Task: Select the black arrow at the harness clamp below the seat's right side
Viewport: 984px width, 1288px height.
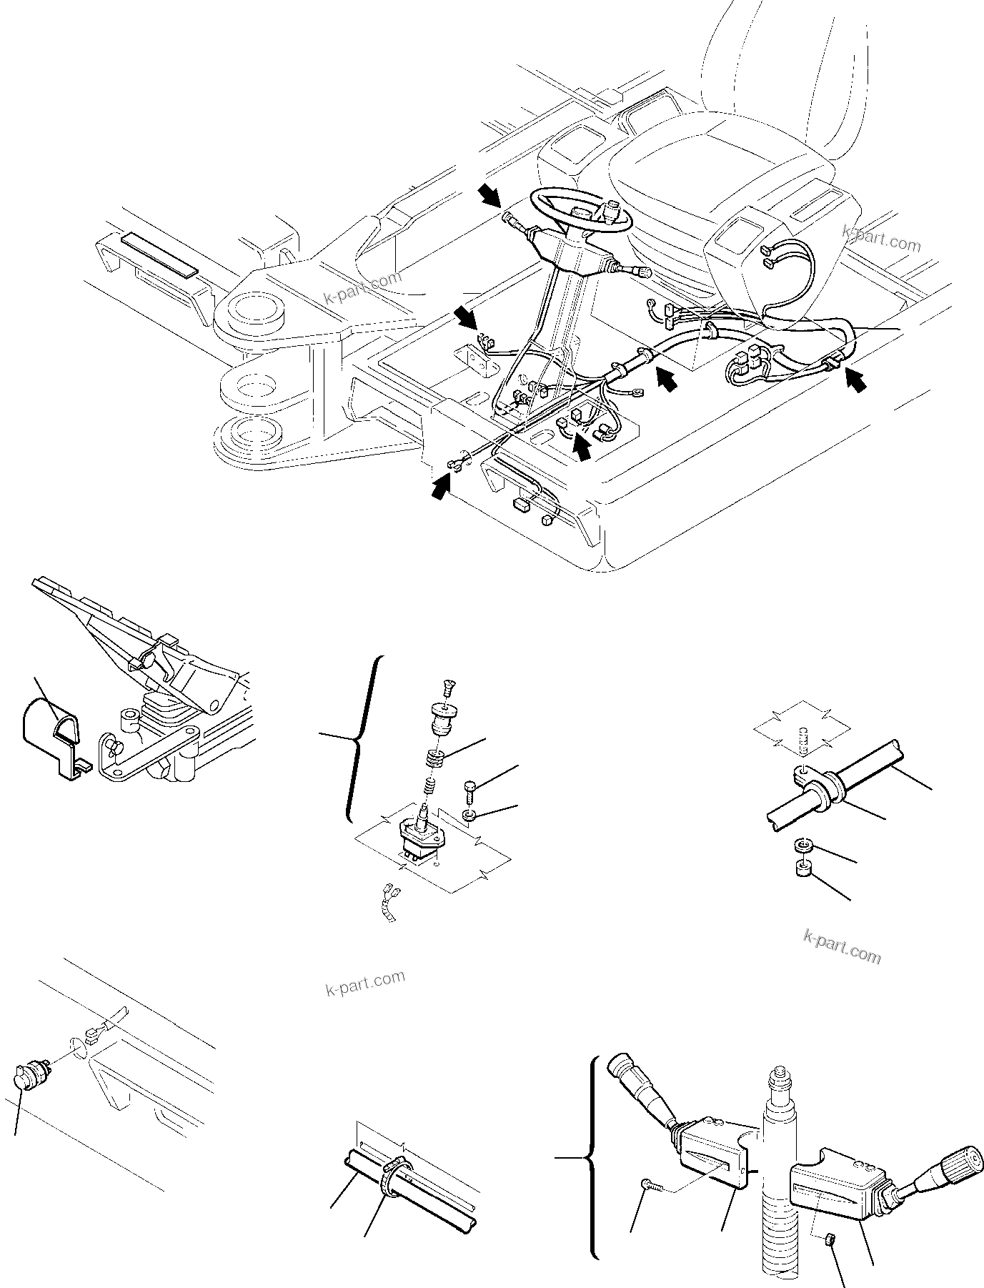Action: click(x=855, y=380)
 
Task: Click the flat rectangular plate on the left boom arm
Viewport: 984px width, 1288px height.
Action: click(x=159, y=253)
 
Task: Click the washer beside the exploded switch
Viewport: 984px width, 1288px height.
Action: click(x=469, y=816)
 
